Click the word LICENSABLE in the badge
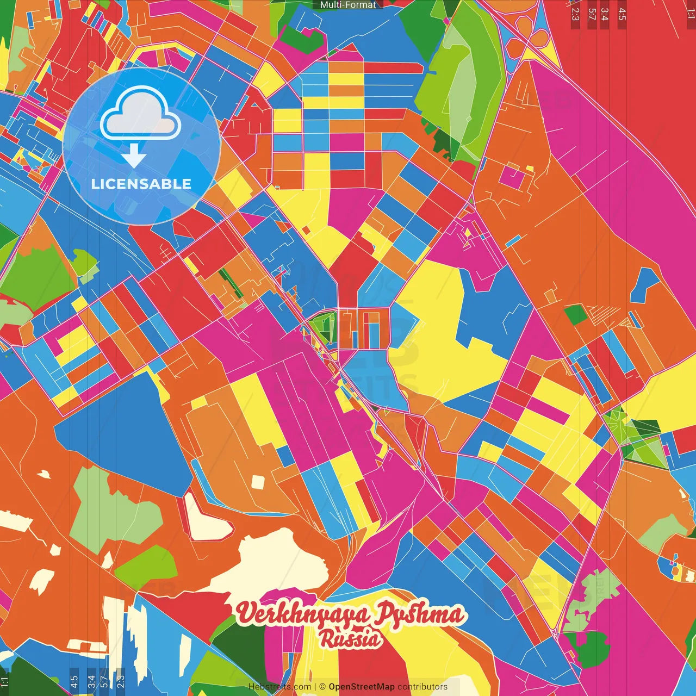(141, 184)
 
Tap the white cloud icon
(140, 114)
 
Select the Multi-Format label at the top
(348, 4)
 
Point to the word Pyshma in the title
(420, 614)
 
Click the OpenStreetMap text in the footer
(361, 687)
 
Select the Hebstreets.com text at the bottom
(279, 687)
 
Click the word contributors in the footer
(422, 687)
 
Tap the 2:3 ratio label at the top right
(575, 14)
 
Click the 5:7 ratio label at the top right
(592, 14)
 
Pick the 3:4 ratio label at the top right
(605, 14)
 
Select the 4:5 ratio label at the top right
(622, 14)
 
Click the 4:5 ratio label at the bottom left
(74, 681)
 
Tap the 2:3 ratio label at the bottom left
(120, 681)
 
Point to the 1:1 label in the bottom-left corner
(4, 681)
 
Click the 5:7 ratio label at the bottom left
(104, 681)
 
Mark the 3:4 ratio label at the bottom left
(91, 681)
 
